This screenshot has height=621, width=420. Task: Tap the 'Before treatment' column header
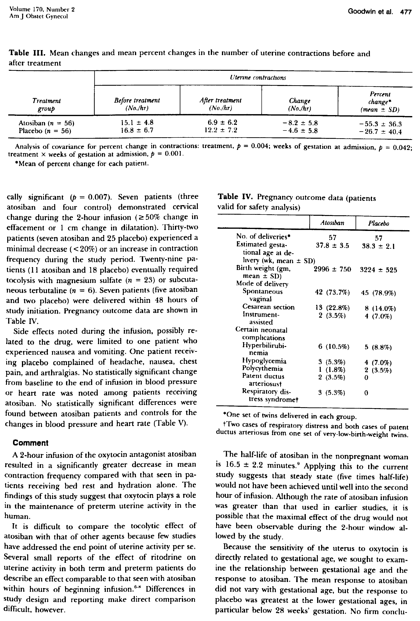pos(137,104)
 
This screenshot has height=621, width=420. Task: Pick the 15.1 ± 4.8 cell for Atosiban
pos(137,123)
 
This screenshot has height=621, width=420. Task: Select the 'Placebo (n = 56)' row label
pos(45,131)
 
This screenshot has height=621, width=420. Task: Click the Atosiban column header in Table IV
pos(332,223)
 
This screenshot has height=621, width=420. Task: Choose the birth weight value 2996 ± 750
pos(332,269)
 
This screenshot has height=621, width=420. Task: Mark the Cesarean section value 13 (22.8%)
pos(332,307)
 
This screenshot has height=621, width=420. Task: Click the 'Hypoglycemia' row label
pos(264,361)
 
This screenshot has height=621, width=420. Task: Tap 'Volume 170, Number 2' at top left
pos(42,9)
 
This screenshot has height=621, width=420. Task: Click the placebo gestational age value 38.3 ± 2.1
pos(378,246)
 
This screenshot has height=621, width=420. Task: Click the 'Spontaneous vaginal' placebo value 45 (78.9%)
pos(378,293)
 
